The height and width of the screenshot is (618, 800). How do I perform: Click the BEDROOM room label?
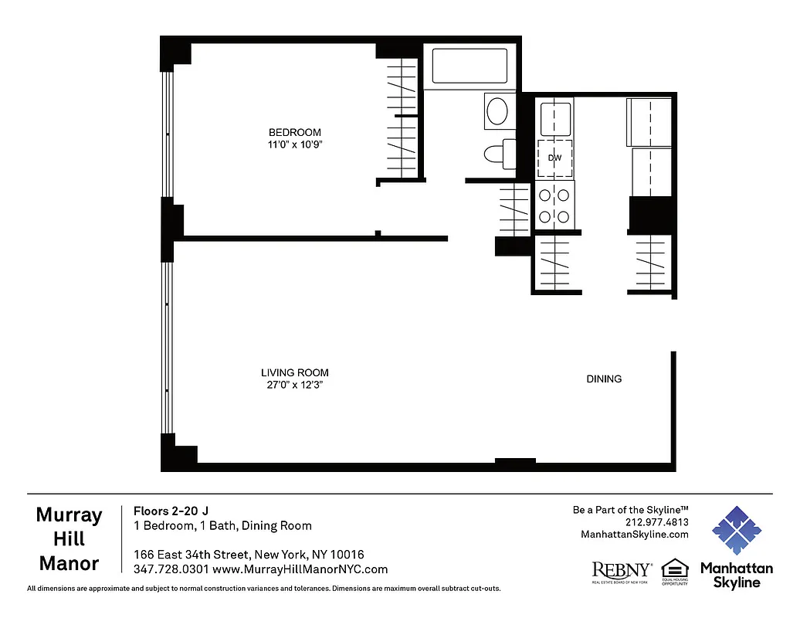pyautogui.click(x=294, y=132)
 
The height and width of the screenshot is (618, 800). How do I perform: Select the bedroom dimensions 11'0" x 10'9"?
pyautogui.click(x=294, y=144)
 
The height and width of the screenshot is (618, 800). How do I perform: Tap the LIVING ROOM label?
pyautogui.click(x=294, y=372)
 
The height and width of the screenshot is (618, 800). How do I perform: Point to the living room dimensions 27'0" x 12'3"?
pyautogui.click(x=294, y=385)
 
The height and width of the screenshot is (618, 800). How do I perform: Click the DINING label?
pyautogui.click(x=604, y=379)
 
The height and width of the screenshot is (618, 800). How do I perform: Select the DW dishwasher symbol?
pyautogui.click(x=554, y=158)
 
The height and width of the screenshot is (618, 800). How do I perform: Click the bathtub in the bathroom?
pyautogui.click(x=469, y=66)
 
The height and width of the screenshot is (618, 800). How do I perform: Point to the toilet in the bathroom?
pyautogui.click(x=500, y=153)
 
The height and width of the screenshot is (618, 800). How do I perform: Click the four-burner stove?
pyautogui.click(x=554, y=206)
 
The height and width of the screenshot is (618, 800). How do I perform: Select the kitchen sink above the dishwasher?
pyautogui.click(x=554, y=117)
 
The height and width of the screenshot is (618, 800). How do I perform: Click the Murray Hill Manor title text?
pyautogui.click(x=69, y=539)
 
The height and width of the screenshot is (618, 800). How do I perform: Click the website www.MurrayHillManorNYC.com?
pyautogui.click(x=300, y=569)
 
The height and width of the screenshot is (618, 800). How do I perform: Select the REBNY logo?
pyautogui.click(x=621, y=571)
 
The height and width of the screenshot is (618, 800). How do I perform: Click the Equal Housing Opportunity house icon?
pyautogui.click(x=675, y=569)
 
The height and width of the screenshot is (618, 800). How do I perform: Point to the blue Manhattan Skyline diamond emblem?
pyautogui.click(x=736, y=531)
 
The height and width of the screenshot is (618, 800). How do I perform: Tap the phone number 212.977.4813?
pyautogui.click(x=657, y=521)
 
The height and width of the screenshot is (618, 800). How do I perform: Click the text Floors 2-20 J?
pyautogui.click(x=171, y=510)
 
